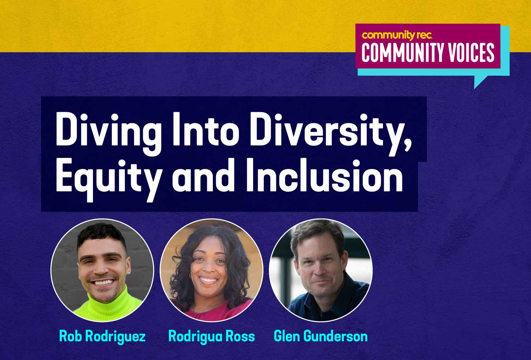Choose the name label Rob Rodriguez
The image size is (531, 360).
(x=102, y=336)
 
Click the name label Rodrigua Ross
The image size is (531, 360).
(x=211, y=336)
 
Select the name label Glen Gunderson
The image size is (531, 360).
(x=321, y=336)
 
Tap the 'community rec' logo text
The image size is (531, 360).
(x=396, y=35)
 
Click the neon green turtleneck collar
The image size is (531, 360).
(x=106, y=301)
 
